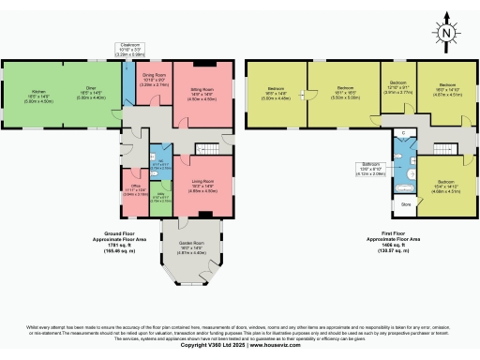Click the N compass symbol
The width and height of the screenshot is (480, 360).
pos(449,34)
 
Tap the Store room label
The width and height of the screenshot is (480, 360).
pos(406,202)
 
